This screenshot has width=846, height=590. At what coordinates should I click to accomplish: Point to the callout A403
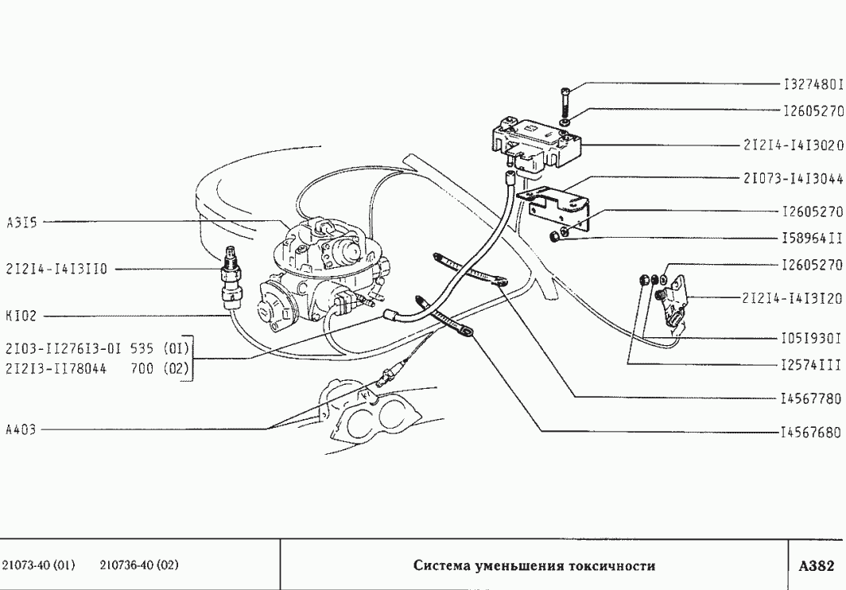click(21, 429)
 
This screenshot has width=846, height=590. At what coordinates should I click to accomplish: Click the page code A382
click(816, 566)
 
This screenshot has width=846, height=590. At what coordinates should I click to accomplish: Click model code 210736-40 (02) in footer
click(139, 566)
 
